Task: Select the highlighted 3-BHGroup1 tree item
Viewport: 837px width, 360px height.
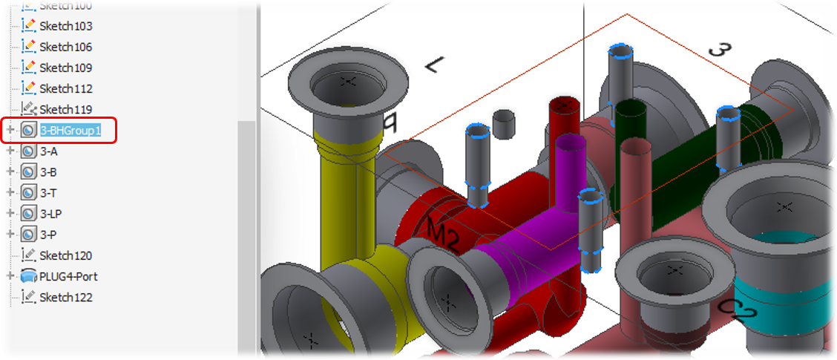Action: [70, 130]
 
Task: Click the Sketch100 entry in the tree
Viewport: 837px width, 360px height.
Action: [65, 6]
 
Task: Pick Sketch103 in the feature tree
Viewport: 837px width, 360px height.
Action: [65, 26]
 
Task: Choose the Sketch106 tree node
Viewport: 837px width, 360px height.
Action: [65, 47]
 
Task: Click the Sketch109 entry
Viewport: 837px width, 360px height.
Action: [65, 68]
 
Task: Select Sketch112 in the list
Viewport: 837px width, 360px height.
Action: [65, 88]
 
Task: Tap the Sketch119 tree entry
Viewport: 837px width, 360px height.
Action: [65, 109]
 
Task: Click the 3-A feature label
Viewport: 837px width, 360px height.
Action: [48, 151]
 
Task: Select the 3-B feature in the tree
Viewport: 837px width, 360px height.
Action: [48, 171]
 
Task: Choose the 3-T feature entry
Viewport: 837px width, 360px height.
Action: [48, 192]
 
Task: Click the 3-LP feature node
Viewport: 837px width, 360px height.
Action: [50, 213]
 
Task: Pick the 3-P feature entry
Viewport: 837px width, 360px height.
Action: [48, 234]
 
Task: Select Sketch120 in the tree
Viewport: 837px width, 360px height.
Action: [65, 255]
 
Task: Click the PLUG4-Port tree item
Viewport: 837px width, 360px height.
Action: [68, 276]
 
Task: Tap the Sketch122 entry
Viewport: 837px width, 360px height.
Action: [65, 297]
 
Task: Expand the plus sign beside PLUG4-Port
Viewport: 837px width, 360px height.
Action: [10, 276]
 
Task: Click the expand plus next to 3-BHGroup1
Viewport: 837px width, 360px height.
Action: [10, 130]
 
